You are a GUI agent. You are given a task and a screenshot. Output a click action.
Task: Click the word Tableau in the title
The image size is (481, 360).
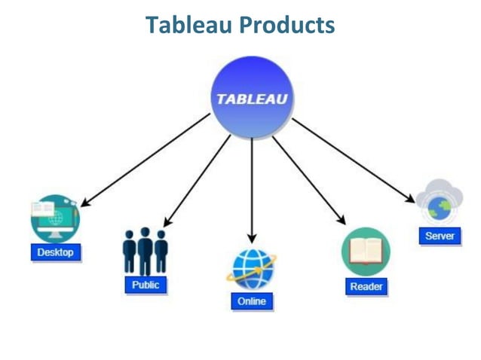pyautogui.click(x=188, y=25)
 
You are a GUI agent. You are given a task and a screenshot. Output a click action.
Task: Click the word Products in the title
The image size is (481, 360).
pyautogui.click(x=285, y=25)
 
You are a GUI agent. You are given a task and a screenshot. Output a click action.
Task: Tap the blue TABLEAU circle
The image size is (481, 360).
pyautogui.click(x=251, y=98)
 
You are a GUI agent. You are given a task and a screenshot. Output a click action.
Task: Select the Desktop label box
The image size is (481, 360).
pyautogui.click(x=56, y=252)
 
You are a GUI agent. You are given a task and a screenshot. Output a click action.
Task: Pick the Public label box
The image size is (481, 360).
pyautogui.click(x=146, y=285)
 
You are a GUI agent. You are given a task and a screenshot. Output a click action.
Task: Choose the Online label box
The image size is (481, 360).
pyautogui.click(x=252, y=301)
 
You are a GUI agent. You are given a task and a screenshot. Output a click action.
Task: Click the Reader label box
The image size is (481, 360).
pyautogui.click(x=366, y=286)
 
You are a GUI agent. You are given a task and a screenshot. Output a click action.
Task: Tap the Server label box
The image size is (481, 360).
pyautogui.click(x=440, y=236)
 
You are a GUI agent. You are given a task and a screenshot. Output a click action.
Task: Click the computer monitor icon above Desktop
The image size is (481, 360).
pyautogui.click(x=54, y=218)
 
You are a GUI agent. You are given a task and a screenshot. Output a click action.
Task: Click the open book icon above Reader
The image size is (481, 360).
pyautogui.click(x=366, y=252)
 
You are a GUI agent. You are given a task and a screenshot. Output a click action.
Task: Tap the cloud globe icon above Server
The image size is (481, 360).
pyautogui.click(x=439, y=201)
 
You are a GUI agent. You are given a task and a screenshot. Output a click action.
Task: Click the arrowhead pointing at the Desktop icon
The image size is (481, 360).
pyautogui.click(x=84, y=203)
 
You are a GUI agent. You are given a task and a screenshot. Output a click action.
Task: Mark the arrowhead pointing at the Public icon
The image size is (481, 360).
pyautogui.click(x=167, y=222)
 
